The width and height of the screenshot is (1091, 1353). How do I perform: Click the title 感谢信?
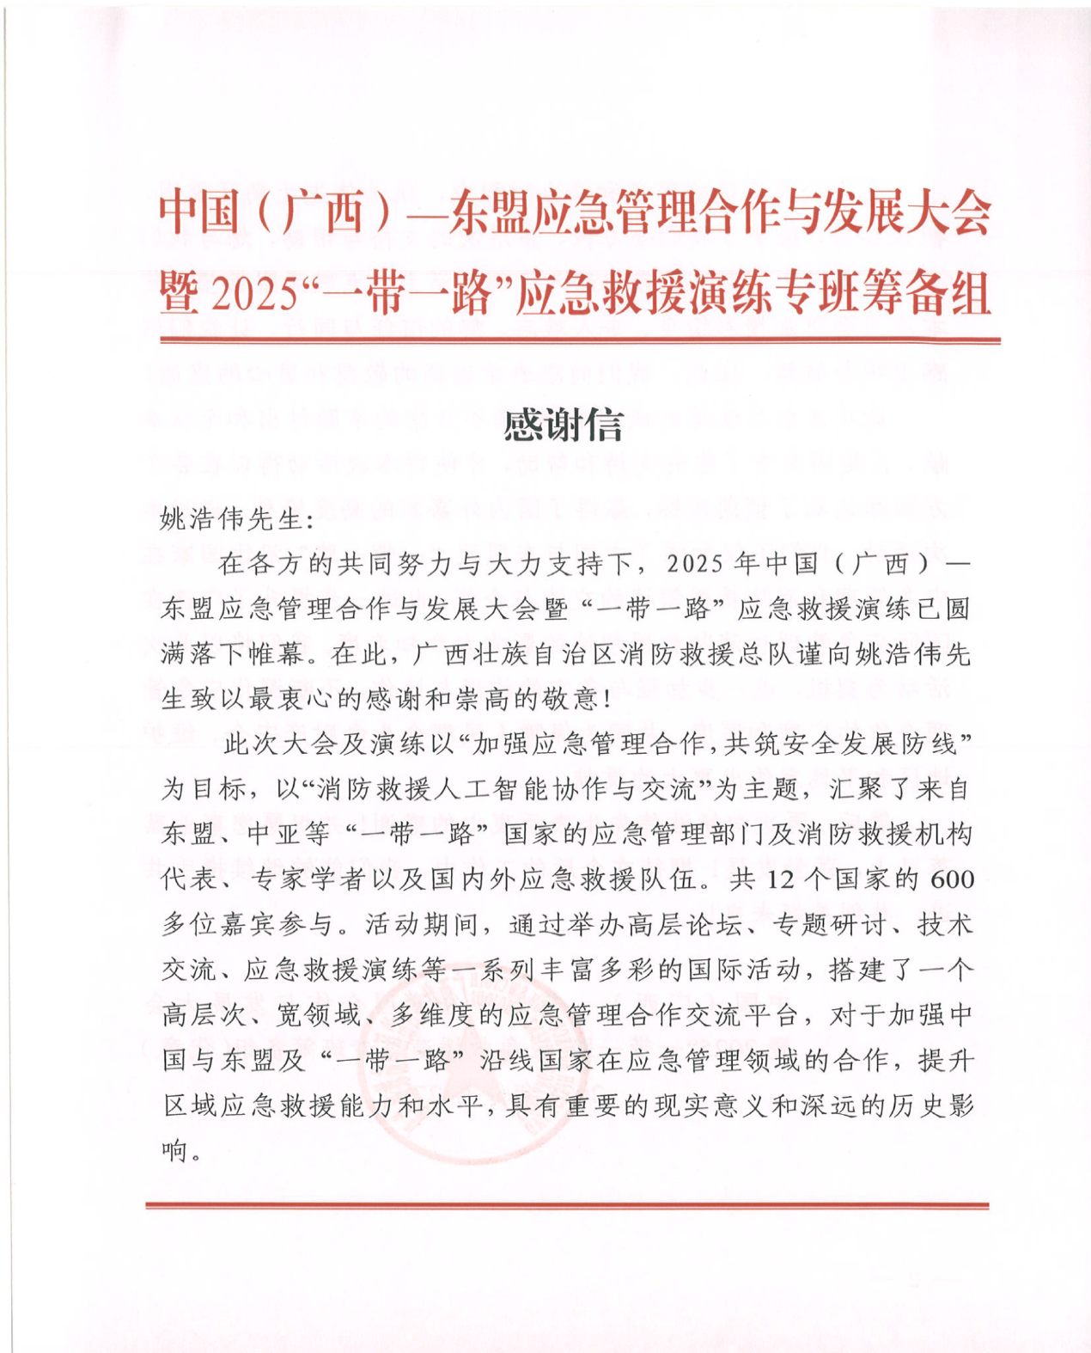[564, 425]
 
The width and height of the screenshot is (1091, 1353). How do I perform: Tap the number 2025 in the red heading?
[253, 295]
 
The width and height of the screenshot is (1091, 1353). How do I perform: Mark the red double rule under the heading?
[580, 341]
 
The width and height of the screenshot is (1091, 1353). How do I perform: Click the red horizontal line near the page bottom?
[567, 1206]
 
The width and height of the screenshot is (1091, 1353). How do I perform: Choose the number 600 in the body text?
[952, 879]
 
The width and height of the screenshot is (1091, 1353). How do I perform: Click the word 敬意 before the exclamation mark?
[570, 699]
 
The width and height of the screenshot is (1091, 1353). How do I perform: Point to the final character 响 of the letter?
[174, 1149]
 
